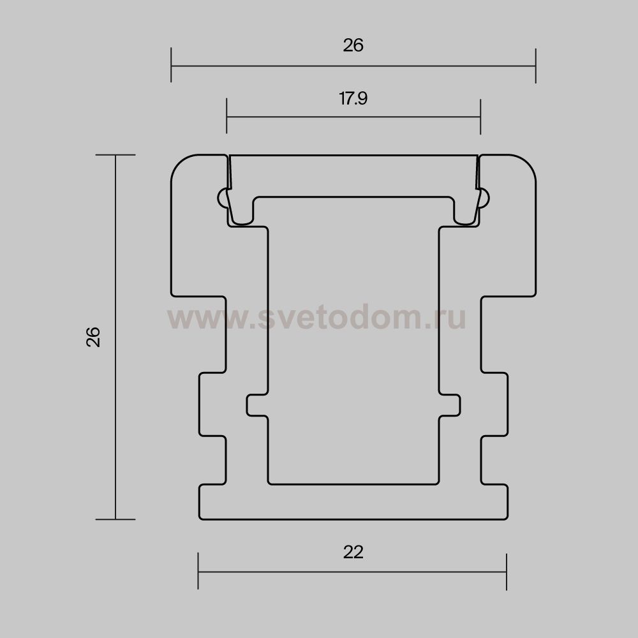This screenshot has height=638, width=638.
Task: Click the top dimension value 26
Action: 353,45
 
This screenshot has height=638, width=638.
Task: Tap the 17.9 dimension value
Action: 353,98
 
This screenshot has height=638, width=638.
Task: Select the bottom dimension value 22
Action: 353,552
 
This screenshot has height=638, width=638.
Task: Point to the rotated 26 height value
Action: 93,336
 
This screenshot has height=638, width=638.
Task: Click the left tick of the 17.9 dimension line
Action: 226,116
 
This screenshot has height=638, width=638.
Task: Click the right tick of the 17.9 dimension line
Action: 480,116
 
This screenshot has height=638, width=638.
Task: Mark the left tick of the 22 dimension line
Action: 198,571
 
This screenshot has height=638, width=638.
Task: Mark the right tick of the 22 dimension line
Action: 507,572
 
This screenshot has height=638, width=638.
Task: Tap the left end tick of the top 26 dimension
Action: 171,64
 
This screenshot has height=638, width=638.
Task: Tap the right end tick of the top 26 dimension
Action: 536,66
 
